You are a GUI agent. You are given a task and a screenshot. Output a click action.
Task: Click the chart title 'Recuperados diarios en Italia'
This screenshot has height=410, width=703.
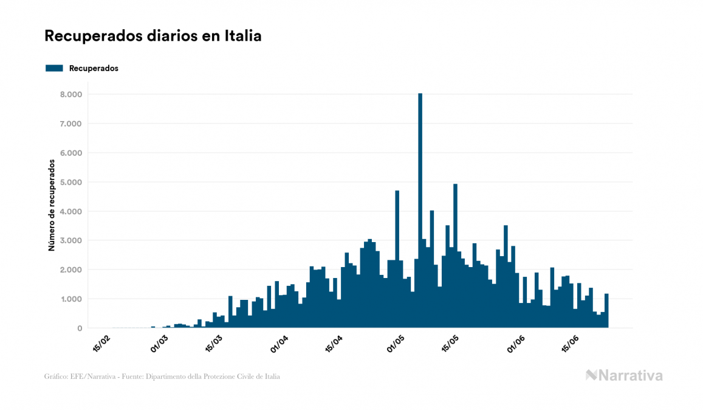coord(153,36)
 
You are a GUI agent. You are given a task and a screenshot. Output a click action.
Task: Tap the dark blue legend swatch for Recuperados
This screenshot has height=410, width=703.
coord(54,68)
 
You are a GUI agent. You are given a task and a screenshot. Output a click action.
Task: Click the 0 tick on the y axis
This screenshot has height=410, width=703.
coord(78,328)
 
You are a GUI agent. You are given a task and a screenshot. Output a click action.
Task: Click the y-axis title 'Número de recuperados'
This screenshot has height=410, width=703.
coord(52,206)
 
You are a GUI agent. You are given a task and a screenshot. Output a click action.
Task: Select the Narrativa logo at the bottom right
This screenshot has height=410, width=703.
coord(624,375)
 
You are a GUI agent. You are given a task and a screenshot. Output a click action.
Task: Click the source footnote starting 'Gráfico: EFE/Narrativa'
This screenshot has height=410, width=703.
coord(162,377)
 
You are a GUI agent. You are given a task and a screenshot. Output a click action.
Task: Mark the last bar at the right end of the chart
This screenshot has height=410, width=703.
coord(606,311)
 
